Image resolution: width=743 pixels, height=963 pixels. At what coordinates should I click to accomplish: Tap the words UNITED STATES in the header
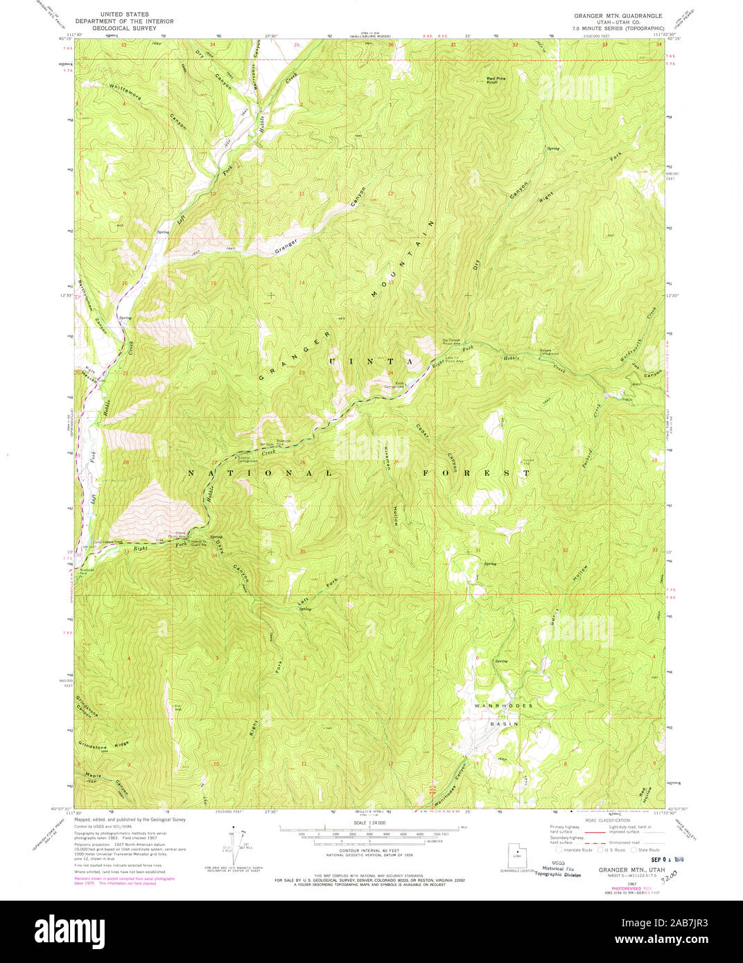click(124, 14)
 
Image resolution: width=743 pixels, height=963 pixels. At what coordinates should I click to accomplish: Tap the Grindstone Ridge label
click(103, 747)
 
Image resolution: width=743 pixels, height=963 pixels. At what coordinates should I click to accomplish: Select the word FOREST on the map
click(476, 472)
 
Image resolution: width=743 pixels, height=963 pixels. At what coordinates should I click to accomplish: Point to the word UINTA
click(371, 362)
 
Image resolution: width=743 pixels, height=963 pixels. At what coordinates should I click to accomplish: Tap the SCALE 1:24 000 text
click(371, 824)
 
